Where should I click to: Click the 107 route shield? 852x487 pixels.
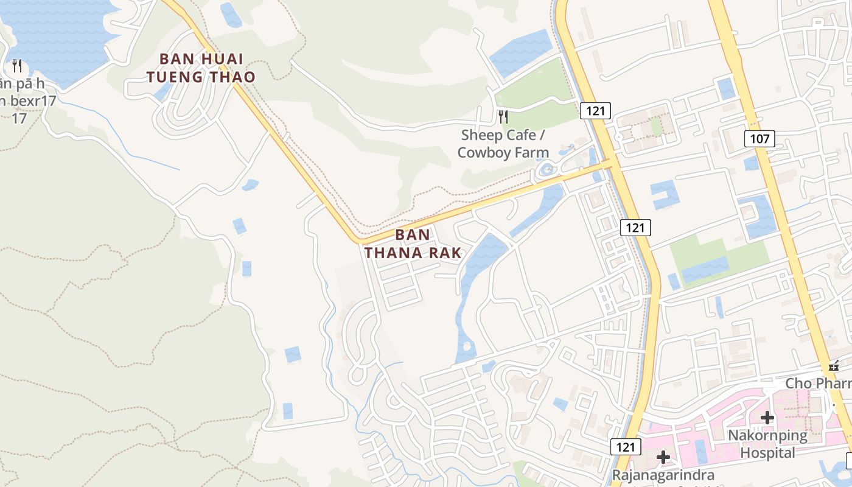[x=759, y=139]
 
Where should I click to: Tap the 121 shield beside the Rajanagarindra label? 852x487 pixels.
[x=626, y=447]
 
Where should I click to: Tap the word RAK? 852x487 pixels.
[x=444, y=253]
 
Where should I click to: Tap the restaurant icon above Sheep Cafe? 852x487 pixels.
[x=503, y=116]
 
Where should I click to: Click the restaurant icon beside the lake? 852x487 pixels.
[x=17, y=65]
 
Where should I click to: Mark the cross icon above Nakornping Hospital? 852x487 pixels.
[x=767, y=418]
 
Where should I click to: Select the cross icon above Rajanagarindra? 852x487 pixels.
[x=663, y=457]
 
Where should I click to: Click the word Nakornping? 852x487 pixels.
[x=768, y=436]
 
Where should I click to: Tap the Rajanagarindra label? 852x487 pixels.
[x=663, y=475]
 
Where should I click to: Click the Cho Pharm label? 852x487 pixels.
[x=818, y=384]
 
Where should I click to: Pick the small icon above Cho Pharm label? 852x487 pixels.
[x=834, y=366]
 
